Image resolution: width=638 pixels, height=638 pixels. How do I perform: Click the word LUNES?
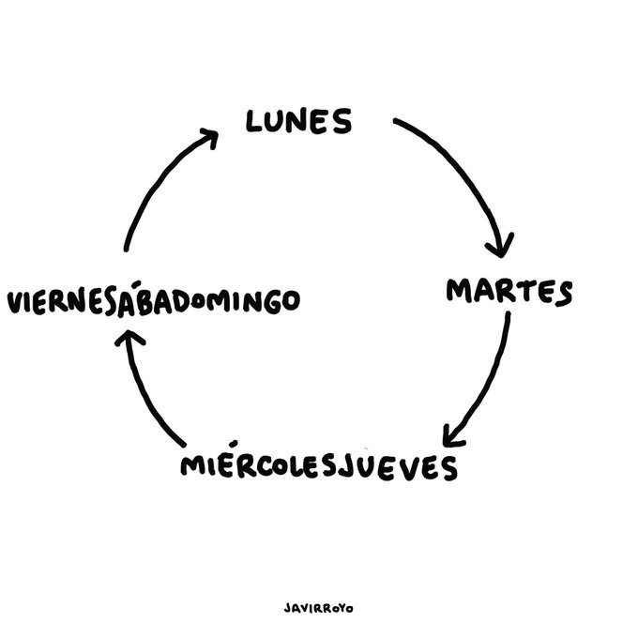tap(298, 121)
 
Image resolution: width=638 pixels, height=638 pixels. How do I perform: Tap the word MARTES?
tap(508, 292)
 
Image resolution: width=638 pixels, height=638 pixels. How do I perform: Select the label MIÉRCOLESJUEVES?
tap(320, 466)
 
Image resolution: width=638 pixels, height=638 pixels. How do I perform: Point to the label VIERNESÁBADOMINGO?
tap(153, 303)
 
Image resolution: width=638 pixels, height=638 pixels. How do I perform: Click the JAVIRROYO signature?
tap(318, 607)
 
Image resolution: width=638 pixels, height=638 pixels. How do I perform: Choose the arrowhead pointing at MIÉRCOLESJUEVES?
tap(453, 435)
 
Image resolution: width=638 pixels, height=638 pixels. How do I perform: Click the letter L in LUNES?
tap(253, 121)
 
